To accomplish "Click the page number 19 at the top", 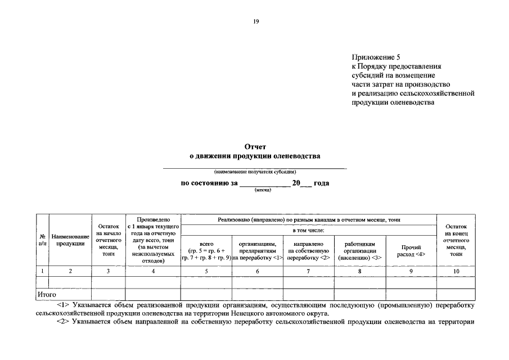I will coord(256,21).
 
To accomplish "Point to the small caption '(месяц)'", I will coord(263,190).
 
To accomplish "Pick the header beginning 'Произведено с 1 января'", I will coord(152,239).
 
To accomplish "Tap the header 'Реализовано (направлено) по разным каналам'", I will coord(309,219).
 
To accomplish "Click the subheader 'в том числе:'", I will coord(309,230).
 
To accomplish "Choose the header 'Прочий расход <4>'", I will coord(411,251).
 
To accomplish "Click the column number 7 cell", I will coord(308,271).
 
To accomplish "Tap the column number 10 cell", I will coord(456,271).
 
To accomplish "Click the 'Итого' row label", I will coord(47,294).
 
